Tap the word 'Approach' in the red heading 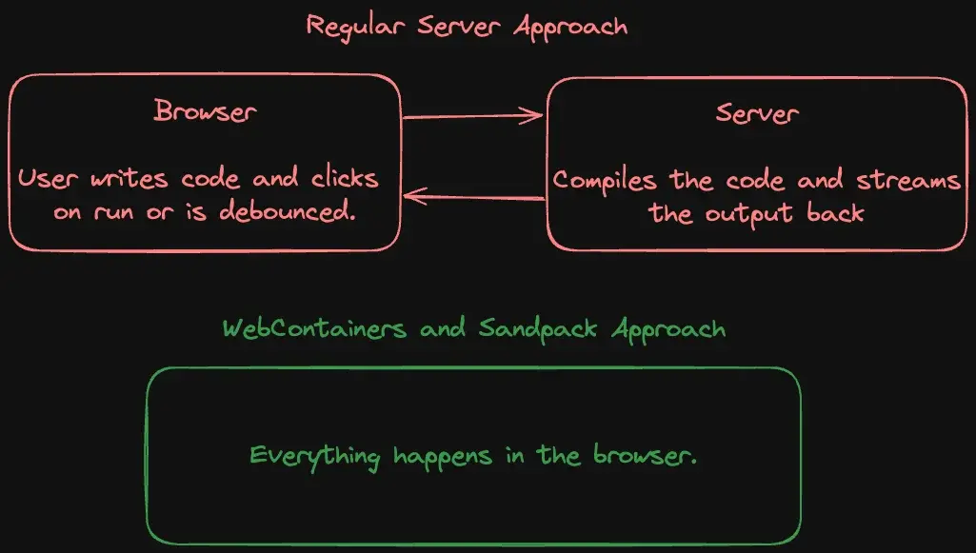pyautogui.click(x=570, y=26)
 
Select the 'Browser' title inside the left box pyautogui.click(x=205, y=111)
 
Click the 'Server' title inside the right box pyautogui.click(x=757, y=114)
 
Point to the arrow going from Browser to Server pyautogui.click(x=472, y=117)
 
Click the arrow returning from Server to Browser pyautogui.click(x=473, y=198)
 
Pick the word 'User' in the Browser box pyautogui.click(x=44, y=179)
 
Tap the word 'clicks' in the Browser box pyautogui.click(x=344, y=179)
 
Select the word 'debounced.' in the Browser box pyautogui.click(x=287, y=212)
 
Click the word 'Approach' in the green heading pyautogui.click(x=668, y=330)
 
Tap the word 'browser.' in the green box pyautogui.click(x=651, y=456)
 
